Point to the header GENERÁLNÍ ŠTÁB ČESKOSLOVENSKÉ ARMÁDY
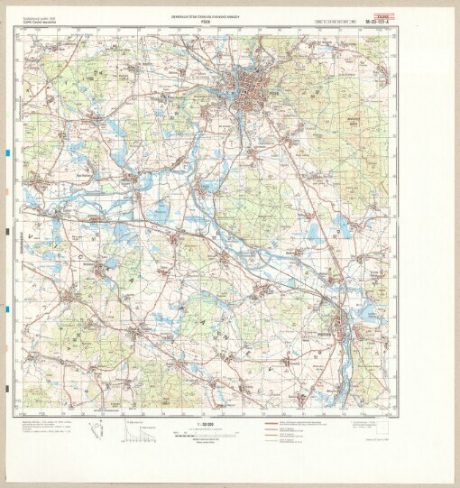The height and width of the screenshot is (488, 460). click(x=231, y=14)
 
